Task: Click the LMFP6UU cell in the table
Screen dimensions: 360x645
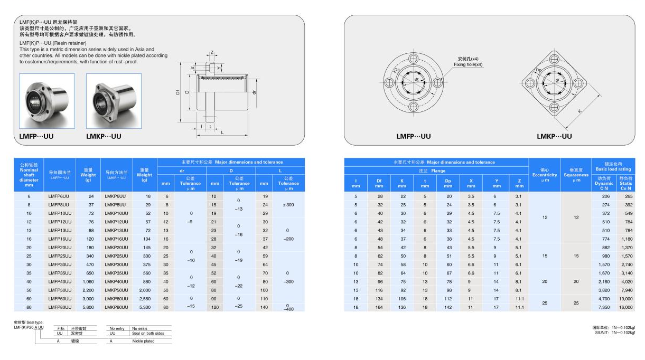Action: pyautogui.click(x=59, y=196)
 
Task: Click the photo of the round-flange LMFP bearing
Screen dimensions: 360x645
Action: pyautogui.click(x=47, y=101)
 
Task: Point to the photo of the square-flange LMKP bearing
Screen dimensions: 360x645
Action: pyautogui.click(x=114, y=101)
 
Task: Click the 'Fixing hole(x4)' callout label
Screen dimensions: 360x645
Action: pyautogui.click(x=468, y=64)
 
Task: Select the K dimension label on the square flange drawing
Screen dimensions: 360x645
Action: pyautogui.click(x=580, y=111)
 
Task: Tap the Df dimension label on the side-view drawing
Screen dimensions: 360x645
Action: pyautogui.click(x=178, y=91)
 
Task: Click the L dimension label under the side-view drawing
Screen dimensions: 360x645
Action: pyautogui.click(x=222, y=132)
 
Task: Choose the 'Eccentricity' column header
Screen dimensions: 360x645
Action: pyautogui.click(x=545, y=175)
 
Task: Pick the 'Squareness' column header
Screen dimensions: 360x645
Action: pyautogui.click(x=575, y=175)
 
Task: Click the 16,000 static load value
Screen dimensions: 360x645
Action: pyautogui.click(x=626, y=307)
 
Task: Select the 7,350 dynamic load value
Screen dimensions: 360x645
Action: pyautogui.click(x=604, y=307)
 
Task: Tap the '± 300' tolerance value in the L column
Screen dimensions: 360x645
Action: pyautogui.click(x=288, y=204)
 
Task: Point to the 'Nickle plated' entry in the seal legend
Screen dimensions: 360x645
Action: pyautogui.click(x=143, y=341)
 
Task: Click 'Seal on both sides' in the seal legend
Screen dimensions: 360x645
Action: pyautogui.click(x=148, y=334)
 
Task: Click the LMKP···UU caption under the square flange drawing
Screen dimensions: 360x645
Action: pyautogui.click(x=554, y=136)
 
